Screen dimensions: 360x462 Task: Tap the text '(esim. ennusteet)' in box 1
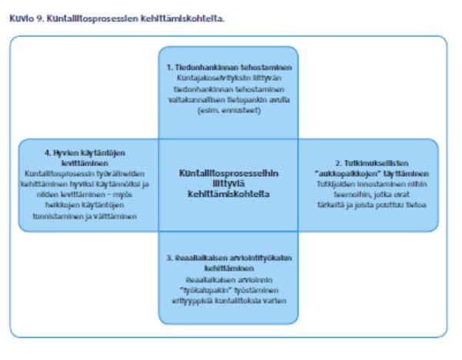pyautogui.click(x=228, y=111)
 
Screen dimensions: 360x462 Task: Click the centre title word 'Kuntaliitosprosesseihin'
pyautogui.click(x=228, y=173)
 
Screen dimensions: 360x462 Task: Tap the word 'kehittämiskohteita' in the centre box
pyautogui.click(x=228, y=195)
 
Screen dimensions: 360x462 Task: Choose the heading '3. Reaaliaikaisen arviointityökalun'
pyautogui.click(x=228, y=258)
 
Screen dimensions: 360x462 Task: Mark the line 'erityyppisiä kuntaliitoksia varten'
pyautogui.click(x=228, y=299)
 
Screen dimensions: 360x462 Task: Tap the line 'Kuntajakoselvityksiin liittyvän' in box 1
pyautogui.click(x=228, y=79)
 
